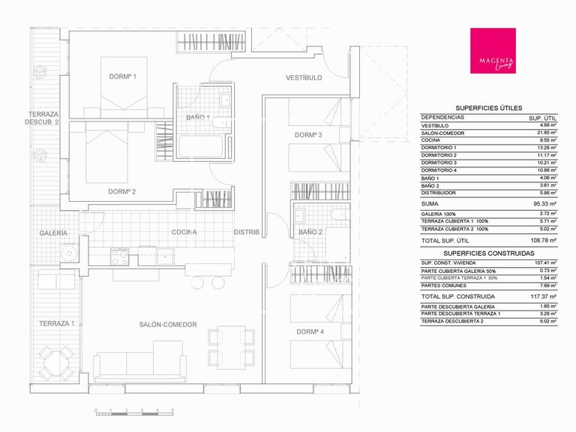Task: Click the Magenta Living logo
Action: pyautogui.click(x=492, y=51)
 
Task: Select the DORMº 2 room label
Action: pyautogui.click(x=121, y=191)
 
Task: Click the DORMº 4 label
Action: pyautogui.click(x=309, y=331)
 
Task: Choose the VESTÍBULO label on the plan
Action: pyautogui.click(x=304, y=77)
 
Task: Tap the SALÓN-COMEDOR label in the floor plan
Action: pyautogui.click(x=168, y=324)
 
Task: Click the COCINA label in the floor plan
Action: pyautogui.click(x=184, y=232)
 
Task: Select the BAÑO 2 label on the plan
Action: pyautogui.click(x=310, y=232)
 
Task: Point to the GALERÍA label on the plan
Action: pyautogui.click(x=53, y=233)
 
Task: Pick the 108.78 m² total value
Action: pyautogui.click(x=542, y=241)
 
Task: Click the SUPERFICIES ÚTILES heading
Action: pyautogui.click(x=489, y=108)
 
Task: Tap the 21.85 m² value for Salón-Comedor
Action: pyautogui.click(x=545, y=133)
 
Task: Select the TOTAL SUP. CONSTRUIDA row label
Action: pyautogui.click(x=454, y=296)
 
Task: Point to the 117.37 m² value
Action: pyautogui.click(x=542, y=296)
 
